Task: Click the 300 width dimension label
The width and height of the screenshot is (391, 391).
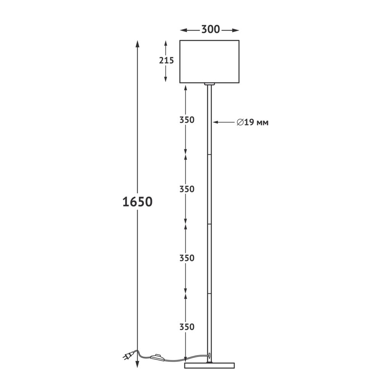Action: pos(210,29)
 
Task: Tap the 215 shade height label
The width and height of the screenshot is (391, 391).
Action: pos(166,60)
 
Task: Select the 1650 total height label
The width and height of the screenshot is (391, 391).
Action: pos(137,202)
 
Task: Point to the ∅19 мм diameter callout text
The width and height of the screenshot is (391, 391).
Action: pos(253,122)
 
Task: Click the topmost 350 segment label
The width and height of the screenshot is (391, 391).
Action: pos(187,120)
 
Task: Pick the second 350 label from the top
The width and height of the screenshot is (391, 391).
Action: pos(187,189)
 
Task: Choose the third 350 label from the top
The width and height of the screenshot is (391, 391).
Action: pos(187,258)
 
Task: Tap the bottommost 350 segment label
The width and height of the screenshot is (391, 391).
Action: pos(187,327)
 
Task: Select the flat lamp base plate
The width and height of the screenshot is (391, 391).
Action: pos(210,365)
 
